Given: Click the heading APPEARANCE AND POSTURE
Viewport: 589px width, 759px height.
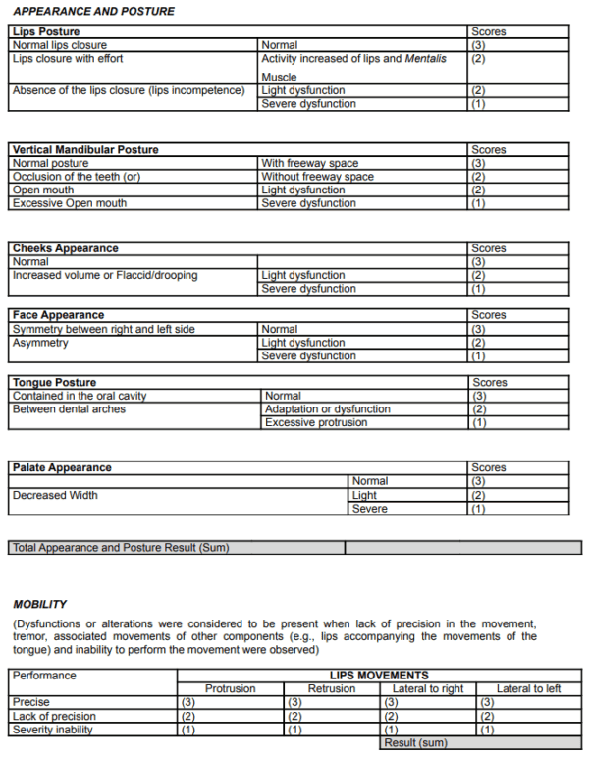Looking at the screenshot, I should coord(94,11).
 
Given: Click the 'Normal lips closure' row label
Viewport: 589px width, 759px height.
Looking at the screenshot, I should coord(60,45).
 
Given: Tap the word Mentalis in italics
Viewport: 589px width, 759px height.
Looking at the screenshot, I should coord(425,59).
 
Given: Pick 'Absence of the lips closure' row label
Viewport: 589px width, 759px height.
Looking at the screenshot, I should coord(128,90).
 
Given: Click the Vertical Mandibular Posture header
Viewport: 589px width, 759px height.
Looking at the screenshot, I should coord(85,150).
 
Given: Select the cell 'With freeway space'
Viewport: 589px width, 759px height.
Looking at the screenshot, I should coord(309,163).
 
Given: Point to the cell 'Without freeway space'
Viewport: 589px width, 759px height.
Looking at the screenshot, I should coord(317,177).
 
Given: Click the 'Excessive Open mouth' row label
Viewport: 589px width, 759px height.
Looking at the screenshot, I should coord(70,203).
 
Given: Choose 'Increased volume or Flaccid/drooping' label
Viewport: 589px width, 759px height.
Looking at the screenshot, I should coord(105,275).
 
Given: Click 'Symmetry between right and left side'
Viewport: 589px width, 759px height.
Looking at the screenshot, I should coord(103,329).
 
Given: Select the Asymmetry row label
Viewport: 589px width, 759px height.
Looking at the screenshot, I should coord(40,343).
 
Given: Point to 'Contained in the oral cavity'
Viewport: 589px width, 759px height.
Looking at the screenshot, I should coord(80,396).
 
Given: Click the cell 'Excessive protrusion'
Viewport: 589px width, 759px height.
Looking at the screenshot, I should coord(316,422).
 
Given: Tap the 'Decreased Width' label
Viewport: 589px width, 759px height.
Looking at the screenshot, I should coord(55,495).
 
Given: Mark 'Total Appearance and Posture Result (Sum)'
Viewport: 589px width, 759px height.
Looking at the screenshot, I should coord(120,548).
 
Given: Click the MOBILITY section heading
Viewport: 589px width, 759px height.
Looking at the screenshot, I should coord(40,604).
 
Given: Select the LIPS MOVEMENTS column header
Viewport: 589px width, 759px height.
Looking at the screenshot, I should coord(379,676).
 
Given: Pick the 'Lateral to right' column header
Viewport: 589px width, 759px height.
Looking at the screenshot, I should coord(427,689).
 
